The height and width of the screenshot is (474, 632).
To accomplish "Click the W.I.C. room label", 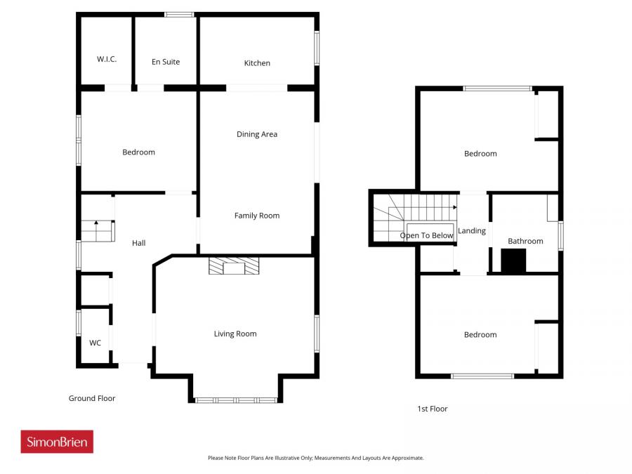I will click(x=107, y=60).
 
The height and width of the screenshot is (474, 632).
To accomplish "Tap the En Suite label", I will click(x=166, y=62).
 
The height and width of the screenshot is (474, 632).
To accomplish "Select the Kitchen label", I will click(x=257, y=63).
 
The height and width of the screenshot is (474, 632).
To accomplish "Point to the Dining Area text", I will click(x=257, y=134).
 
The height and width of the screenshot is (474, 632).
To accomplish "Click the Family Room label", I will click(x=257, y=216).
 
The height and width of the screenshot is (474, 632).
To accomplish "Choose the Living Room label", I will click(x=235, y=334).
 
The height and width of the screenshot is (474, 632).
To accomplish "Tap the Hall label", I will click(x=139, y=243).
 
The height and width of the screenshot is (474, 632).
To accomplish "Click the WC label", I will click(x=95, y=343).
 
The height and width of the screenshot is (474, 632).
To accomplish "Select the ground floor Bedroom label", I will click(x=138, y=152).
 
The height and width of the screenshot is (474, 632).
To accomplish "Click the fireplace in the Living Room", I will click(x=234, y=265).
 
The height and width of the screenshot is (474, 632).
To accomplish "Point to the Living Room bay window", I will click(x=237, y=400).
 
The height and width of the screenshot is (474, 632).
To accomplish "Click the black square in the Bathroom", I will click(x=513, y=261).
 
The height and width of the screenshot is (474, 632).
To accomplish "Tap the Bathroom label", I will click(x=525, y=241).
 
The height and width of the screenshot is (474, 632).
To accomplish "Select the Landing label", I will click(x=472, y=231).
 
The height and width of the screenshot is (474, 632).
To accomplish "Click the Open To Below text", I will click(x=426, y=235).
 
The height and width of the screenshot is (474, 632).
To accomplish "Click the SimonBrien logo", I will click(x=57, y=442).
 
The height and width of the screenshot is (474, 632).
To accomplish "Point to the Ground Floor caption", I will click(x=92, y=398).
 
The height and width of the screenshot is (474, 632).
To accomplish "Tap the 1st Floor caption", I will click(x=432, y=409).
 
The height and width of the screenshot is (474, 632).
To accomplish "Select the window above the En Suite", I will click(x=180, y=14).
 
